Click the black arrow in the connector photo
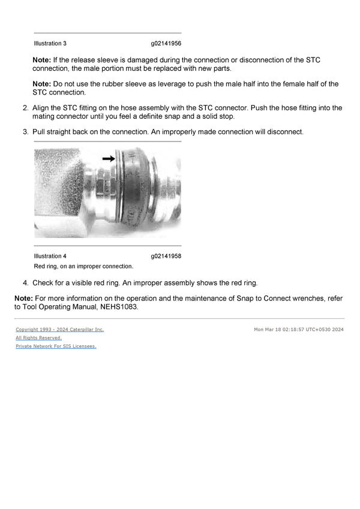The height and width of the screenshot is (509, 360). [108, 158]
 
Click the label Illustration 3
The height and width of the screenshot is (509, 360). [50, 44]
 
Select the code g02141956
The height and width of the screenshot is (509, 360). [166, 44]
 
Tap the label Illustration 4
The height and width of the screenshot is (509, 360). [50, 256]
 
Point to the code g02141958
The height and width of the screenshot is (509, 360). [166, 256]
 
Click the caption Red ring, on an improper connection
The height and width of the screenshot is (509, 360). [83, 266]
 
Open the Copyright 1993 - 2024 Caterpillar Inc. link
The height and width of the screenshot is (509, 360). [59, 329]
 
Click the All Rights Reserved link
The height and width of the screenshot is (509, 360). [38, 338]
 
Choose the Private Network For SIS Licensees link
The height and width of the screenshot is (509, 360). [56, 346]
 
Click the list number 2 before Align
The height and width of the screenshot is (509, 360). [25, 108]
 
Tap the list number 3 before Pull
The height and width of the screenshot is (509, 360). [25, 131]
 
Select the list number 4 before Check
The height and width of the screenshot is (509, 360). [25, 282]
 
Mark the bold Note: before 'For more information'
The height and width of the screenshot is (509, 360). [24, 298]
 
